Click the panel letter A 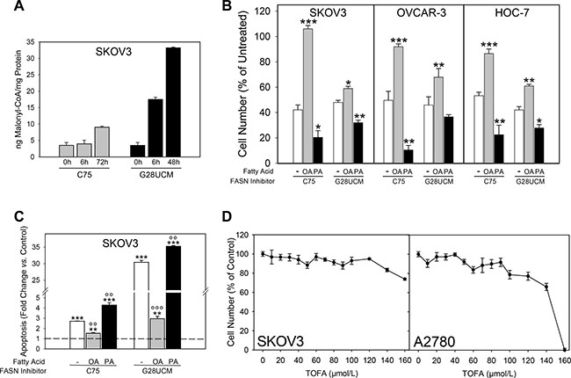click(x=9, y=10)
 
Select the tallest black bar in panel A click(x=174, y=102)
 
